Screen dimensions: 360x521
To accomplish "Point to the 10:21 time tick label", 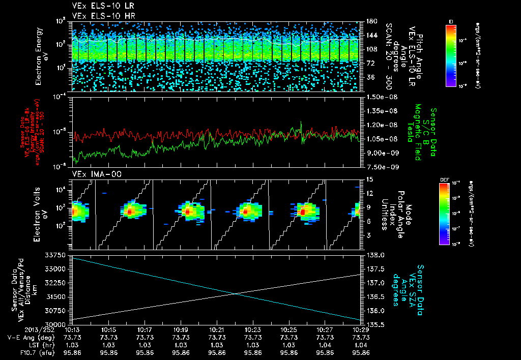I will click(x=217, y=330).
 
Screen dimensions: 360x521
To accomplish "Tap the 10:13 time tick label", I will click(x=73, y=330).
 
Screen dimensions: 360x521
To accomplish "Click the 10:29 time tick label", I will click(x=361, y=330).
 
